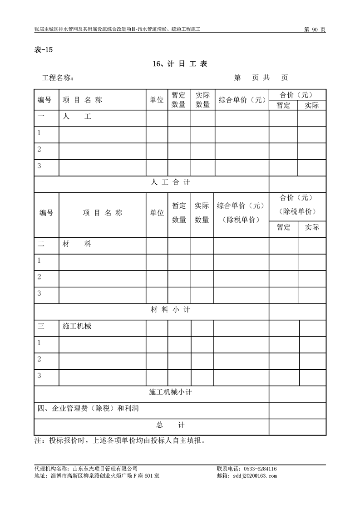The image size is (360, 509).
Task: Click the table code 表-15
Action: click(x=44, y=50)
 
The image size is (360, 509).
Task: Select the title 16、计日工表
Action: click(x=180, y=64)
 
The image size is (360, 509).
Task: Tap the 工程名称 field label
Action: click(x=58, y=78)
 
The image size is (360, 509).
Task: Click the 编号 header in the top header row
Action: click(x=44, y=100)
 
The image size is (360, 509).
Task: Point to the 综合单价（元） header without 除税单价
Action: click(x=242, y=100)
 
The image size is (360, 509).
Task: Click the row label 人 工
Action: click(x=77, y=117)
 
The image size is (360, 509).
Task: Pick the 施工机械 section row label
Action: click(x=77, y=326)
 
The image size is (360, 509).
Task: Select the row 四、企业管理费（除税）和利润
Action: click(x=88, y=408)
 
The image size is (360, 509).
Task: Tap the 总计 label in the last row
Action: click(x=170, y=425)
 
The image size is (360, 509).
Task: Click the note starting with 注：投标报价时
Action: click(x=120, y=440)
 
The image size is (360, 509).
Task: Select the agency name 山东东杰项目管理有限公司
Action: click(x=105, y=469)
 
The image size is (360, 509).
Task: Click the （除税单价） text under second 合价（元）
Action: click(x=297, y=212)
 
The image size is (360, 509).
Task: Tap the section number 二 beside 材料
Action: click(x=41, y=244)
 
